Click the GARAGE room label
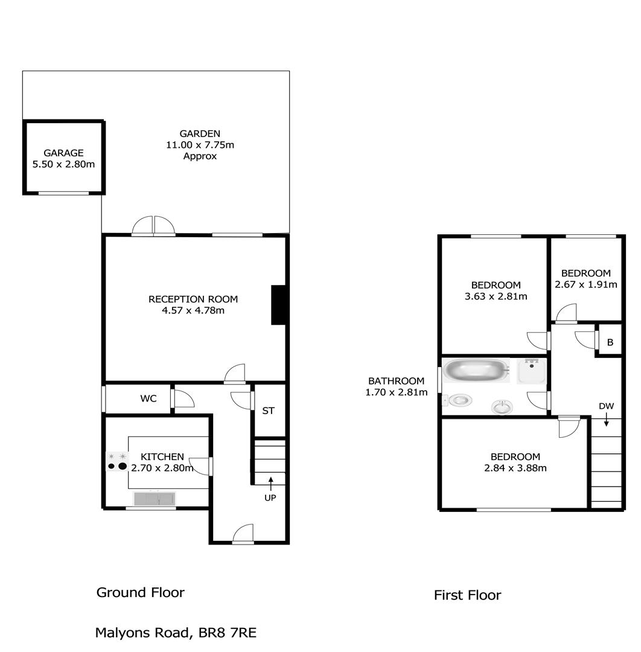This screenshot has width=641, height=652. click(x=63, y=153)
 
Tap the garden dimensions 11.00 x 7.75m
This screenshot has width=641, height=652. click(x=200, y=145)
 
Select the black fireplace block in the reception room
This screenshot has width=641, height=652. click(x=278, y=305)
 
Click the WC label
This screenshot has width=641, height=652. click(x=148, y=398)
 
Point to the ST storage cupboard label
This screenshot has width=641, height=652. click(x=268, y=411)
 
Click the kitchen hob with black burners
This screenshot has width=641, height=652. click(x=117, y=462)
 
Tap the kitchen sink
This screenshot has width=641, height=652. click(x=155, y=499)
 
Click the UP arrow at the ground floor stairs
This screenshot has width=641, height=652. click(x=270, y=484)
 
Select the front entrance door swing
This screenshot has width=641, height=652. click(x=243, y=534)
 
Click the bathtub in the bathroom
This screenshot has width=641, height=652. click(x=476, y=371)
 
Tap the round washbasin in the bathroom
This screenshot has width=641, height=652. click(x=502, y=406)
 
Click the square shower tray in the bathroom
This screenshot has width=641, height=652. click(x=531, y=371)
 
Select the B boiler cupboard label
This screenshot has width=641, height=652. click(x=610, y=342)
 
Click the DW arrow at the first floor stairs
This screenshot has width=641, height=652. click(x=607, y=419)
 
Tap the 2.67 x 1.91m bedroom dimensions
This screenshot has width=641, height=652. click(x=586, y=284)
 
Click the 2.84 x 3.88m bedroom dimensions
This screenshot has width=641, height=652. click(x=515, y=468)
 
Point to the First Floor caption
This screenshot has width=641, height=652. click(x=468, y=595)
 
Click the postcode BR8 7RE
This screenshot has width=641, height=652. click(x=228, y=633)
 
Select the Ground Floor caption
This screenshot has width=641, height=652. click(x=141, y=592)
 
